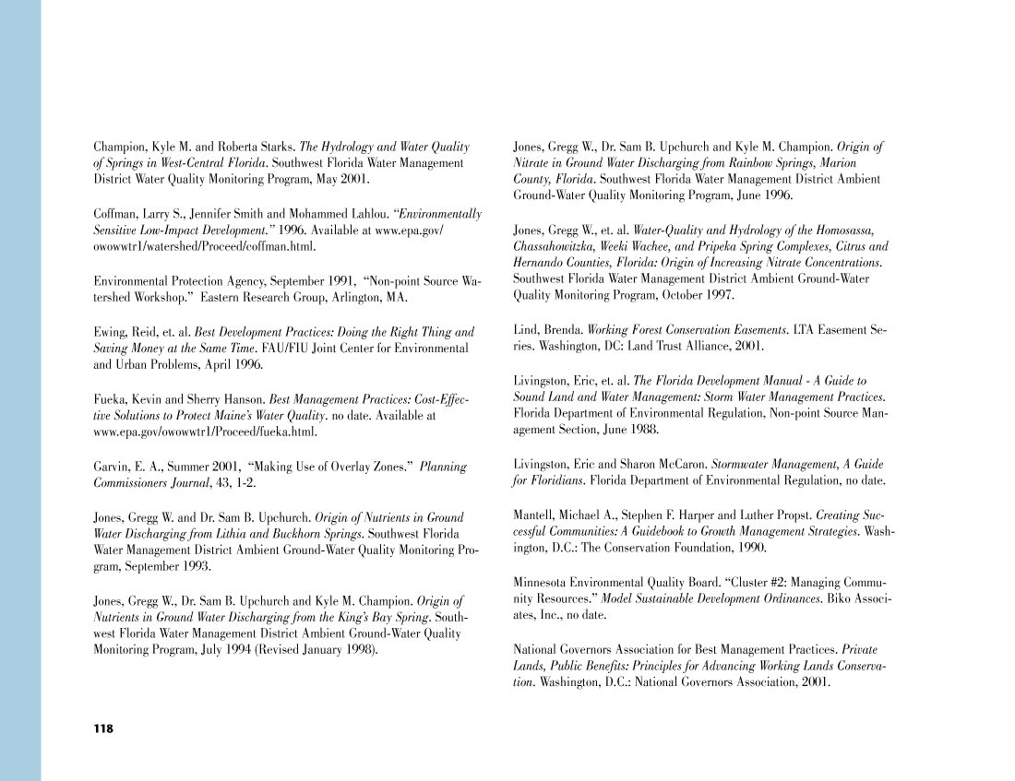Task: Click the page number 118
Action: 102,729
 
